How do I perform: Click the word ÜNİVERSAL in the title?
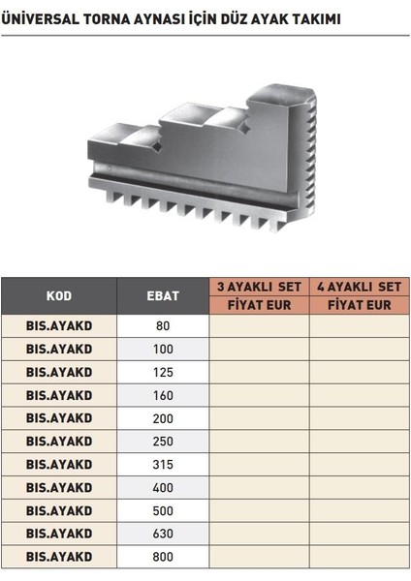click(x=40, y=18)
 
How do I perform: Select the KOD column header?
click(x=59, y=295)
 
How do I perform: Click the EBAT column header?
click(x=163, y=295)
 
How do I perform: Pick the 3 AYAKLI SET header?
click(x=259, y=287)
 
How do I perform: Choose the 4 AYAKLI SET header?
click(x=360, y=287)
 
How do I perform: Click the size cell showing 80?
click(x=163, y=326)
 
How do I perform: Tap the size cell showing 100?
click(x=163, y=349)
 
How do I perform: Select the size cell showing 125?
click(x=163, y=372)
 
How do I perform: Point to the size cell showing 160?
click(x=163, y=395)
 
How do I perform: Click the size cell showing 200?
click(x=163, y=418)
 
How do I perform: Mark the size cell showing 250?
click(x=163, y=442)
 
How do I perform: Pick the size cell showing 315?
click(x=163, y=465)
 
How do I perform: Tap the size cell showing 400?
click(x=163, y=488)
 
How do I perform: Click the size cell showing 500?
click(x=163, y=510)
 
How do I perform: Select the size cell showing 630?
click(x=163, y=534)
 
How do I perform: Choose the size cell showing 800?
click(x=163, y=557)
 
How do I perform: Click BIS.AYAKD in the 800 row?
click(x=59, y=557)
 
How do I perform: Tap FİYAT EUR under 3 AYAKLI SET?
click(x=259, y=305)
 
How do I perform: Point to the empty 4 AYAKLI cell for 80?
click(x=360, y=326)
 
